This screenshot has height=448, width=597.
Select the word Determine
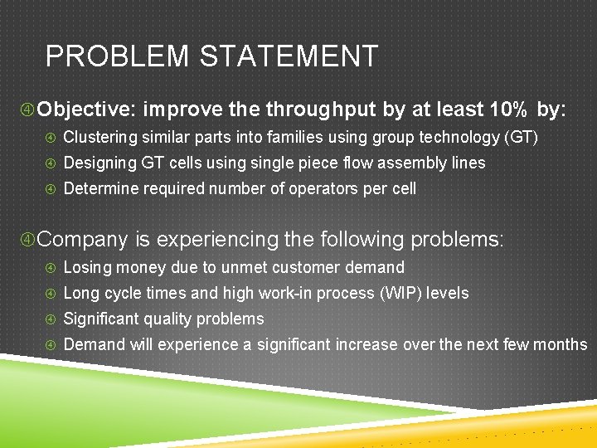point(100,188)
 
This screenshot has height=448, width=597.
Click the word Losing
point(86,267)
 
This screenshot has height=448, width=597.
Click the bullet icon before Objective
point(27,110)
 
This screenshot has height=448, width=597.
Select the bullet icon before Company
point(27,240)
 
